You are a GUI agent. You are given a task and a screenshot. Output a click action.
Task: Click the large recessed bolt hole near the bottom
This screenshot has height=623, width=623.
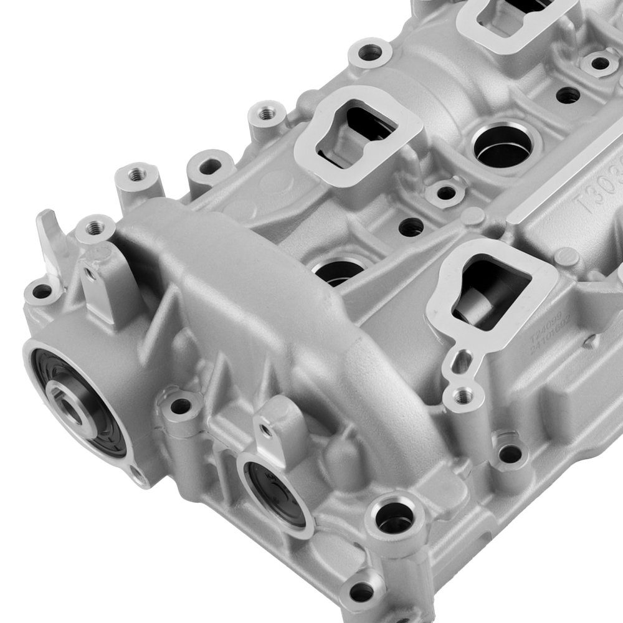pos(394,516)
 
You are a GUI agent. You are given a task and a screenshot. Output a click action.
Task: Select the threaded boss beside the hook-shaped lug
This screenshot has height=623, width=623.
pos(94,228)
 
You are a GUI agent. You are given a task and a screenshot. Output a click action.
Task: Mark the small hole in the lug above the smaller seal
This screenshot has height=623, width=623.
pos(267,430)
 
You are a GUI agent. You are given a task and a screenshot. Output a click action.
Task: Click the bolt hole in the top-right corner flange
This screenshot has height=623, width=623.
pos(600,63)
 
